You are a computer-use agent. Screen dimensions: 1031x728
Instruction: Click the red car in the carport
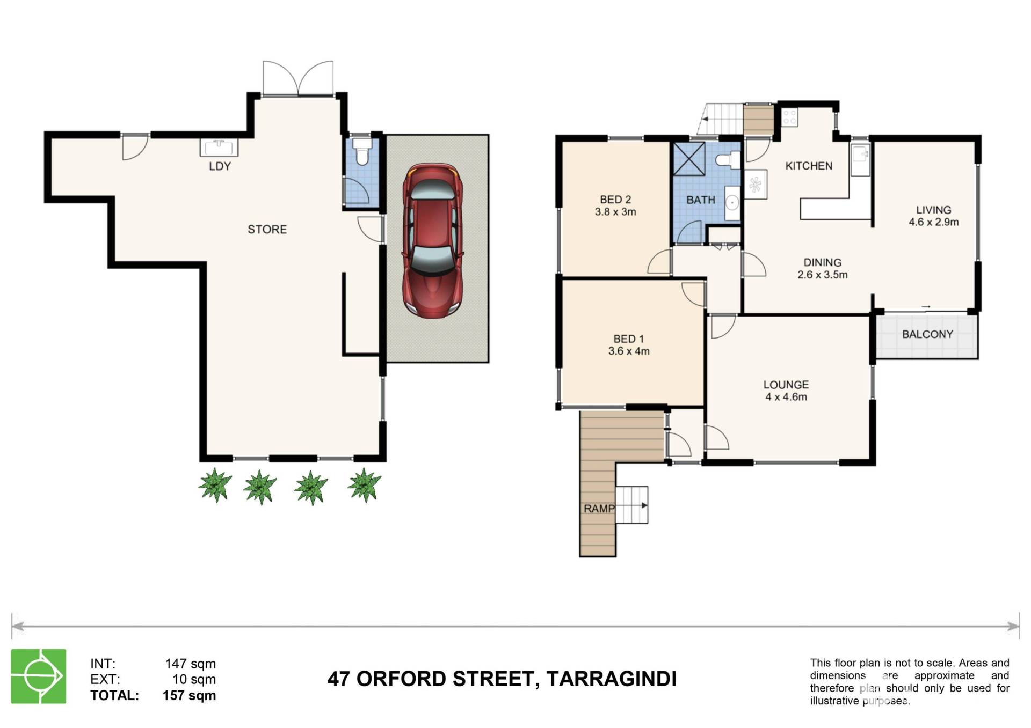433,241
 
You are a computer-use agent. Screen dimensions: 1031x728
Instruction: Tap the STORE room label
267,230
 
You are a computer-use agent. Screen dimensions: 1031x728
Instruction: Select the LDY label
220,166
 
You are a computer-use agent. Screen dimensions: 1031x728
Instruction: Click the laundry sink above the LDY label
219,147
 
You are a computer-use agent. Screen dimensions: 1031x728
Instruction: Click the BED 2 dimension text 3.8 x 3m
615,212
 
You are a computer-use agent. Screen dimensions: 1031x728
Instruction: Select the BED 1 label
628,339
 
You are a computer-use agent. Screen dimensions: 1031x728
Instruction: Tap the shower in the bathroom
689,158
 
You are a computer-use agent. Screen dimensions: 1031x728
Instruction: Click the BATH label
701,200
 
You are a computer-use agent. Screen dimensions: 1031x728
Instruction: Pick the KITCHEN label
809,166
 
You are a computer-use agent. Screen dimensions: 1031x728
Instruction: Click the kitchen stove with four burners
789,117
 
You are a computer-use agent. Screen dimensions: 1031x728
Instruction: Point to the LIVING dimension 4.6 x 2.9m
934,222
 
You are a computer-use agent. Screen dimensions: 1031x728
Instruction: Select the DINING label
822,263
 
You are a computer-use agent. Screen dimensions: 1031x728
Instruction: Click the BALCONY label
927,334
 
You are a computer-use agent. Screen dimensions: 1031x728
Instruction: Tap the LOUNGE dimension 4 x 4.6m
786,397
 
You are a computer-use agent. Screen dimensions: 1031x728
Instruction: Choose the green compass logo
39,676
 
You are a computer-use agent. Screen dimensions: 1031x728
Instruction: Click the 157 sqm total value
189,696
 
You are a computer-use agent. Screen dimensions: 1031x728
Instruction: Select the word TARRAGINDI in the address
611,679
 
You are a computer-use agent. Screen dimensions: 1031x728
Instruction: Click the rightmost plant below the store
365,485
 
